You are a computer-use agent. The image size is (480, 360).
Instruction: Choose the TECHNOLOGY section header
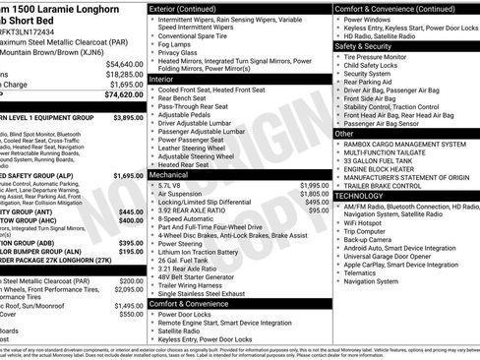coord(365,196)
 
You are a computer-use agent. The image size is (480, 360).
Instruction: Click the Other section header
coord(345,133)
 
